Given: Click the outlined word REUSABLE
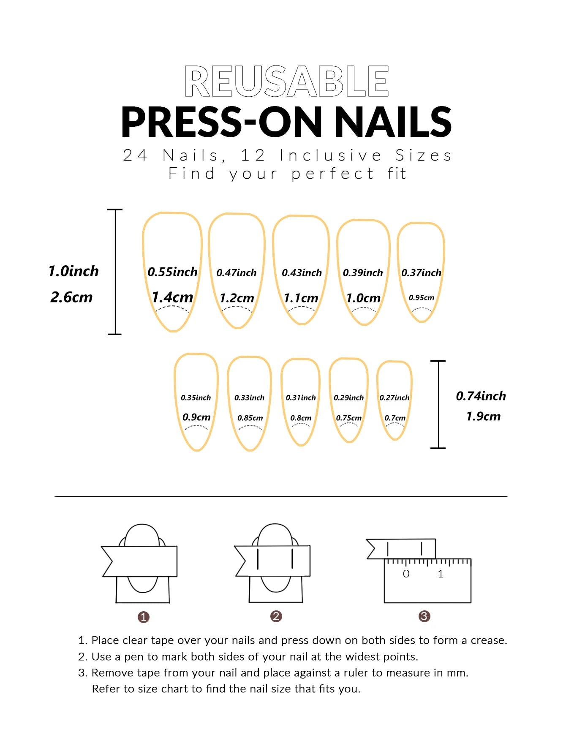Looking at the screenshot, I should point(286,81).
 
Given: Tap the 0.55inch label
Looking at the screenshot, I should point(172,272).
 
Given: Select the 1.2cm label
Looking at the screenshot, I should point(237,298).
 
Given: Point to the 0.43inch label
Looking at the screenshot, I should point(302,273).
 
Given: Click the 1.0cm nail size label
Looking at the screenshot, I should point(363,298).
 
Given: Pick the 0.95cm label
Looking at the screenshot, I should point(421,297).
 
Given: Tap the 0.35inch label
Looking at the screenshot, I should point(196,397).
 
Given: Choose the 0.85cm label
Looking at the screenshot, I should point(250,418).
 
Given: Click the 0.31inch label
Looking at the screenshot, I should point(301,397).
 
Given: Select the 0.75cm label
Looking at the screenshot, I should point(348,418).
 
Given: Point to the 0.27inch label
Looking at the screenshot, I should point(394,397).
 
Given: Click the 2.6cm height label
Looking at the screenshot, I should point(71,297).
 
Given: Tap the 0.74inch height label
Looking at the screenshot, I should point(481,396).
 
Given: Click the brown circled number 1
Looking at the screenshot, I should point(143,617).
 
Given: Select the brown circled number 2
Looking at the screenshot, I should point(276,616).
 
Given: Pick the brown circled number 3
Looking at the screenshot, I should point(424,616).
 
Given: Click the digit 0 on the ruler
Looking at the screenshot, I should point(406,574).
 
